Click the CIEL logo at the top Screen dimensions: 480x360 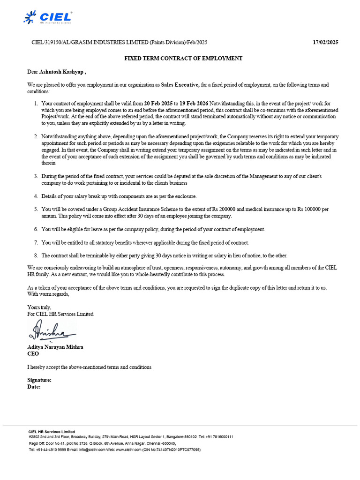click(48, 18)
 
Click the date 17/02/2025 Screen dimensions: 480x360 click(325, 43)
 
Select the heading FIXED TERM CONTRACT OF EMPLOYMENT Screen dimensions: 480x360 click(183, 59)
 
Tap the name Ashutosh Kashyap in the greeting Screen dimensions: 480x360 click(60, 72)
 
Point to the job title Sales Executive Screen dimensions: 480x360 click(180, 85)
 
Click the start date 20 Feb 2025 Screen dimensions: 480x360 click(158, 103)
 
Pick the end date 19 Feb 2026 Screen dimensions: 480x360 click(194, 103)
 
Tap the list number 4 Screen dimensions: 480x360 click(36, 196)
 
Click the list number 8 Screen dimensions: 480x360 click(36, 255)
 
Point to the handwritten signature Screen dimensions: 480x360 click(52, 331)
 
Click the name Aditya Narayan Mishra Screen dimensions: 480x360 click(55, 347)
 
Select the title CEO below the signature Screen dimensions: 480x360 click(33, 354)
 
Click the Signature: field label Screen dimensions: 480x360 click(39, 380)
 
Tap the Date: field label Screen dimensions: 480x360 click(34, 387)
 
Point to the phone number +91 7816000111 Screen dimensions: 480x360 click(219, 436)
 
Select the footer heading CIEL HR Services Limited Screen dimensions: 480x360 click(52, 431)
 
